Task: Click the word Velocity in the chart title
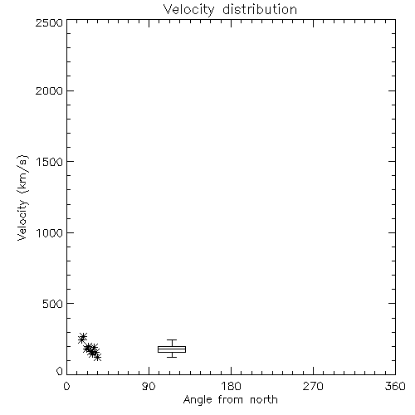click(x=188, y=10)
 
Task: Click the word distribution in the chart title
click(x=260, y=9)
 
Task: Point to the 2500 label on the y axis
click(x=49, y=22)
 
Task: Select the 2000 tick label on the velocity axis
click(x=49, y=90)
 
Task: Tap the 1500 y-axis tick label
click(x=50, y=162)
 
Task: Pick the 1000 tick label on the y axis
click(x=50, y=233)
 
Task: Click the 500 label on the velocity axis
click(x=53, y=304)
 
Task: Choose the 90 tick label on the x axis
click(x=149, y=386)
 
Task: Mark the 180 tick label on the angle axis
click(x=231, y=386)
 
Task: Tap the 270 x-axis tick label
click(x=313, y=386)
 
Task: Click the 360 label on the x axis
click(x=395, y=386)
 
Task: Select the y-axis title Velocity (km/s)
click(x=22, y=198)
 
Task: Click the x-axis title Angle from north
click(x=231, y=400)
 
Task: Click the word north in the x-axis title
click(x=264, y=400)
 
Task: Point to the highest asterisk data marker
click(x=83, y=336)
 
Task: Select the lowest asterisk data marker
click(x=97, y=357)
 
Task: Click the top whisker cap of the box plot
click(x=172, y=340)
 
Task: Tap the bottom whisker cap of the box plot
click(x=172, y=357)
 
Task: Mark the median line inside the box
click(x=172, y=349)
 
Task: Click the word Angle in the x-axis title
click(x=198, y=400)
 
